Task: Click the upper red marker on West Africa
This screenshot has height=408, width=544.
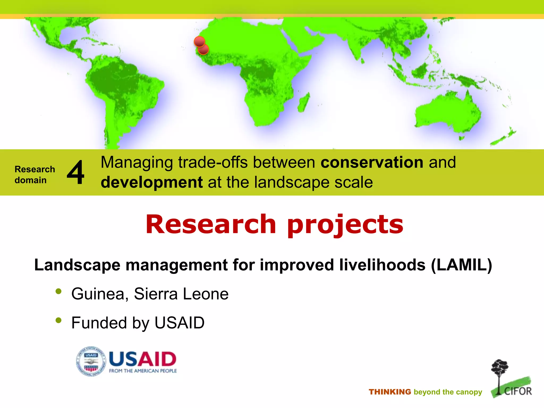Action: [199, 41]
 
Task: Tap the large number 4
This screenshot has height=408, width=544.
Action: [75, 172]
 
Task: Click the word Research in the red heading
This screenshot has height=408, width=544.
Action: [211, 224]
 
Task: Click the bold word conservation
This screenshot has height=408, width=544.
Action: [372, 162]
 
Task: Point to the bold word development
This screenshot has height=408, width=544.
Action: [152, 182]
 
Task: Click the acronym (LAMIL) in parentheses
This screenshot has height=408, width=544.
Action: [462, 265]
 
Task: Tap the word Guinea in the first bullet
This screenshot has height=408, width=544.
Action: [98, 294]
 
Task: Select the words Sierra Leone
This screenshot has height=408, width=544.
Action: [181, 294]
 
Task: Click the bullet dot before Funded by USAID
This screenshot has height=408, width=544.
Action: [58, 320]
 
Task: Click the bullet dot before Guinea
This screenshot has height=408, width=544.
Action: [58, 291]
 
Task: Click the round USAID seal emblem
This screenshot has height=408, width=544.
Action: [91, 361]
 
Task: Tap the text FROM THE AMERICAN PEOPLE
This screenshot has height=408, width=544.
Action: [143, 371]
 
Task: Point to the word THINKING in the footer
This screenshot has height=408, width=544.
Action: [390, 392]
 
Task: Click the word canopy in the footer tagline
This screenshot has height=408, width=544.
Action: [470, 392]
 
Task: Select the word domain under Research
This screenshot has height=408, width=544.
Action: [31, 180]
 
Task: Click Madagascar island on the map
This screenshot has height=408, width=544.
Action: [304, 103]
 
